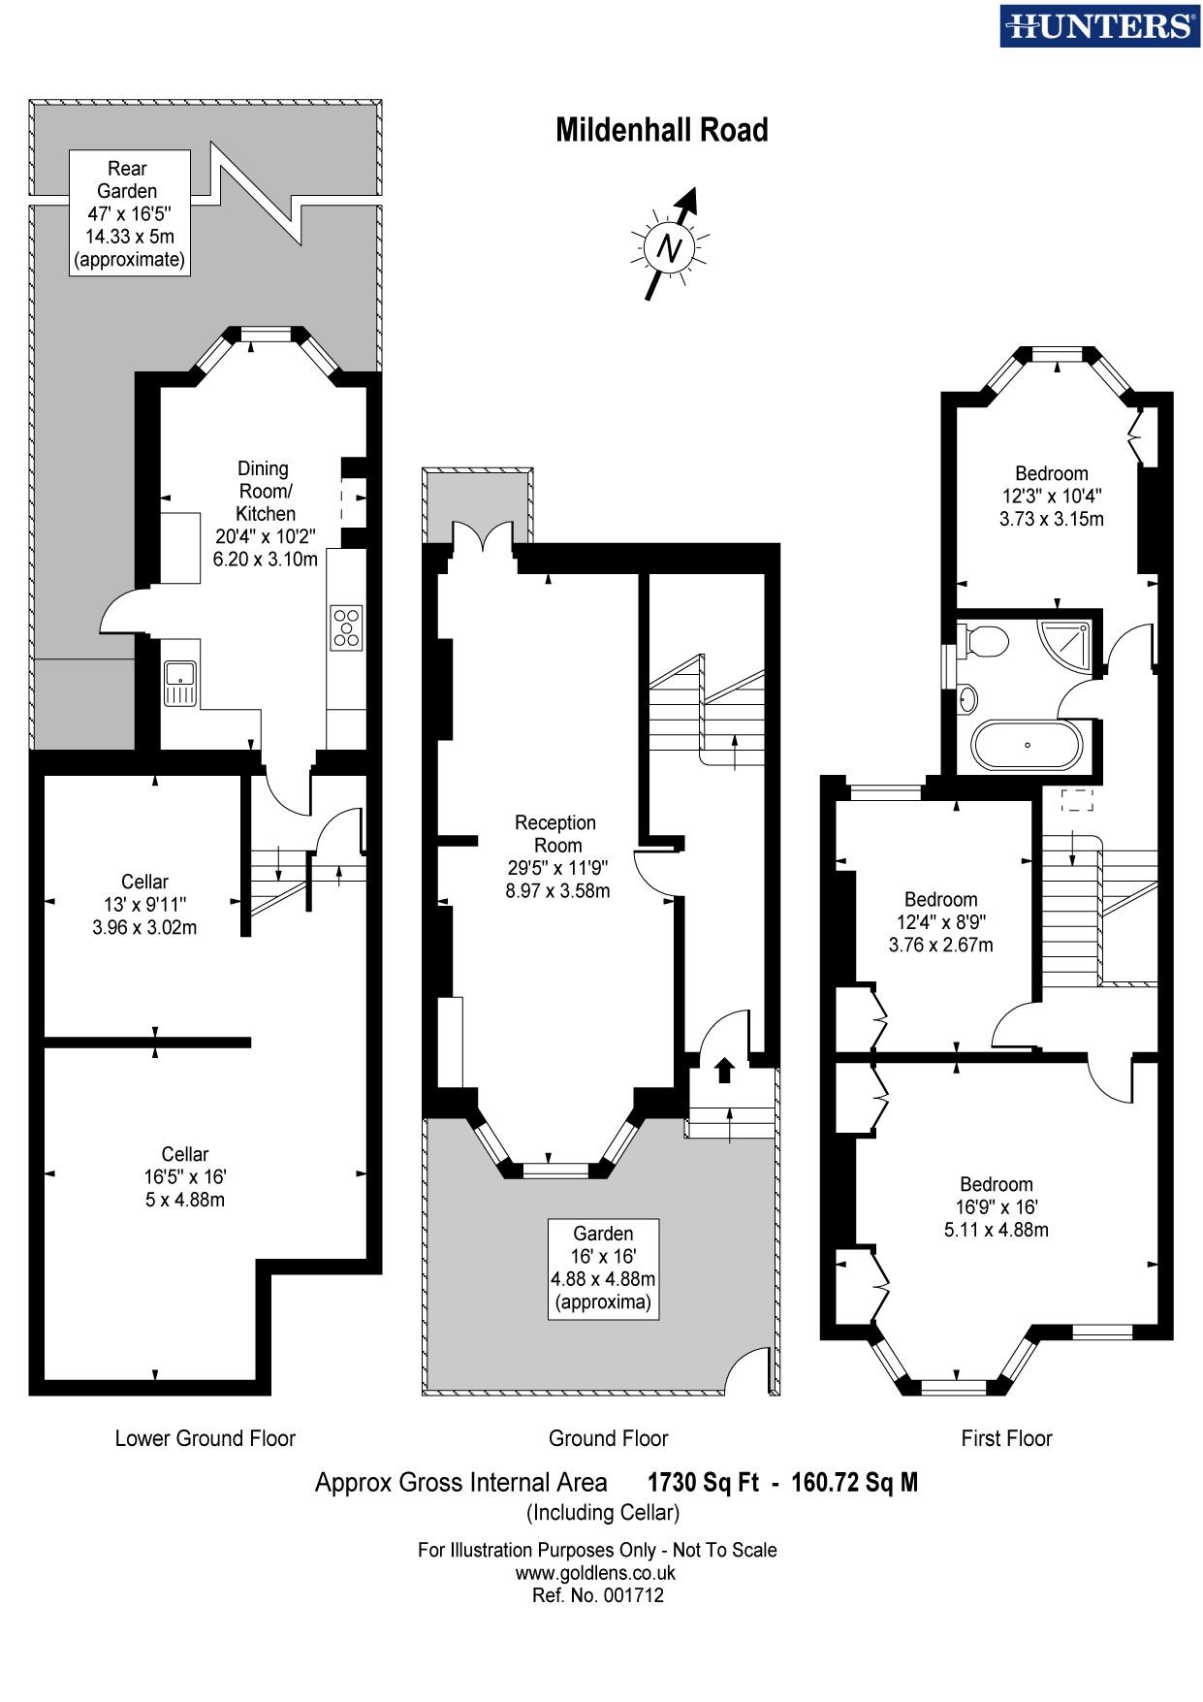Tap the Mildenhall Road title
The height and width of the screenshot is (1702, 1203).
click(x=661, y=130)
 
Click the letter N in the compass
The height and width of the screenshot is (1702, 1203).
click(x=668, y=247)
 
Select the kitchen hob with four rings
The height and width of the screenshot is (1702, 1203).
click(x=346, y=626)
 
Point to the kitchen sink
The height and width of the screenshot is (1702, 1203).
click(x=180, y=682)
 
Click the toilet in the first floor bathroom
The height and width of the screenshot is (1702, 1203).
click(x=985, y=641)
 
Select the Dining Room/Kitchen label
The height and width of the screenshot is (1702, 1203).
click(x=265, y=514)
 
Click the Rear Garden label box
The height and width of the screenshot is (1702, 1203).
click(x=128, y=213)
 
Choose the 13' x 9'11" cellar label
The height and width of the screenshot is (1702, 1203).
click(x=144, y=904)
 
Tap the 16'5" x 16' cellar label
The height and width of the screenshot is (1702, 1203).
click(x=184, y=1176)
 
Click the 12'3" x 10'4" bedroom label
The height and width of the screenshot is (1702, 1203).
click(x=1051, y=496)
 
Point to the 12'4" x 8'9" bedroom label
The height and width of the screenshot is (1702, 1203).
click(x=940, y=921)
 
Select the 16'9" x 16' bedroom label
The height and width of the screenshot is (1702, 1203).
click(x=996, y=1206)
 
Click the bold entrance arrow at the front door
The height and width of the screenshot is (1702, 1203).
click(x=724, y=1070)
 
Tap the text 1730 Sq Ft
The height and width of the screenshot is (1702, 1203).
click(x=703, y=1482)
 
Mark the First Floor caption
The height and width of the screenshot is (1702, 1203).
click(x=1006, y=1438)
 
